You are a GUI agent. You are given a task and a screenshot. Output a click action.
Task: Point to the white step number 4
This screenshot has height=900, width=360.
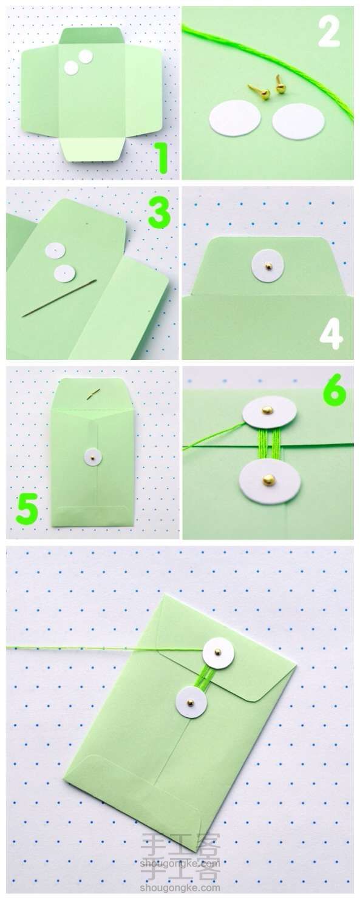331,334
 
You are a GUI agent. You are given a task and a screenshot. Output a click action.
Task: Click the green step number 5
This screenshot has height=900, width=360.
27,509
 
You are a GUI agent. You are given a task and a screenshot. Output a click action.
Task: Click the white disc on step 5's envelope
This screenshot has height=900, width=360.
93,457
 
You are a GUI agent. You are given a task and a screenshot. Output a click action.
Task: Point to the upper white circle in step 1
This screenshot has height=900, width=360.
85,56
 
